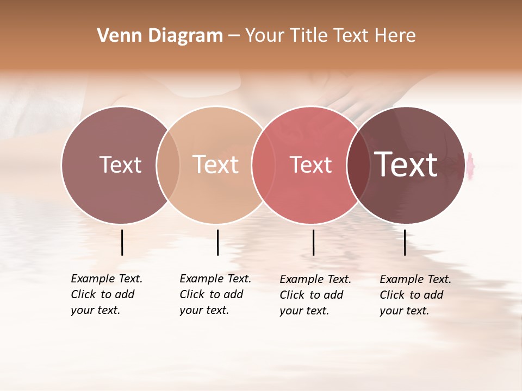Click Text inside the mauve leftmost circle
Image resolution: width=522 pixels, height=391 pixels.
tap(120, 165)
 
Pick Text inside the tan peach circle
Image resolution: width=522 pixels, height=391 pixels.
tap(216, 165)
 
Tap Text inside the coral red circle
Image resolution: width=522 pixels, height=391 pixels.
tap(310, 165)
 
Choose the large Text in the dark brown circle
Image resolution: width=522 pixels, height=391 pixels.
tap(406, 165)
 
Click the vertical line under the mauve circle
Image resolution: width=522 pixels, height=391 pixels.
tap(122, 242)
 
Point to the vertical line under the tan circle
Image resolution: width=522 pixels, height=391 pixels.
tap(217, 242)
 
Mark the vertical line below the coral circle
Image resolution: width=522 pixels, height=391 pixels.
tap(313, 242)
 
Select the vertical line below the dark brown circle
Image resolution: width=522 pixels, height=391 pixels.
tap(405, 242)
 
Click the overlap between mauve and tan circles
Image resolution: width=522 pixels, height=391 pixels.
tap(168, 165)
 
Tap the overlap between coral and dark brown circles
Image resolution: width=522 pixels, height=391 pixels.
tap(358, 165)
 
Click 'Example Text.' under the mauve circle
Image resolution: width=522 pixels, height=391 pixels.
tap(107, 279)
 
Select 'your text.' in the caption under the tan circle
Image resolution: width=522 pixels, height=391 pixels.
tap(204, 310)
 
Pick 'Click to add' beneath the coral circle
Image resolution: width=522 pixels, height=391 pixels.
tap(312, 295)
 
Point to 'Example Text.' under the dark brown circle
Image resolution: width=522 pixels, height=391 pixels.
tap(415, 279)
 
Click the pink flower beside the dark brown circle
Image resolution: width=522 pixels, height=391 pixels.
tap(469, 161)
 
